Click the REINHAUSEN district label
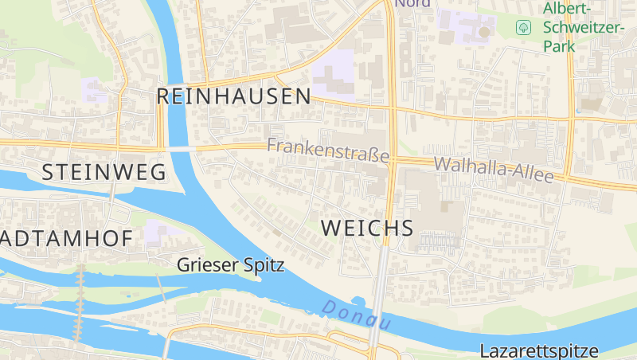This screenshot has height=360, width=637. pyautogui.click(x=233, y=96)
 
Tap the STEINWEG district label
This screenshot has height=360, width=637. pyautogui.click(x=104, y=171)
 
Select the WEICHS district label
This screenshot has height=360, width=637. pyautogui.click(x=367, y=228)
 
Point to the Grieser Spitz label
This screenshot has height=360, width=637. pyautogui.click(x=230, y=265)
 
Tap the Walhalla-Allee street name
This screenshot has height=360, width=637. pyautogui.click(x=494, y=169)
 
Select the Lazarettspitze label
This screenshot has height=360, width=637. pyautogui.click(x=539, y=350)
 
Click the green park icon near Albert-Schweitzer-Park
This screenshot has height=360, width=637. pyautogui.click(x=524, y=27)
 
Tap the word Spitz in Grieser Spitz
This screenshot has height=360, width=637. pyautogui.click(x=263, y=265)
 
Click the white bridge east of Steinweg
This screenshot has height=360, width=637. pyautogui.click(x=180, y=148)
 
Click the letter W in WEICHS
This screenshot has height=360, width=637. pyautogui.click(x=330, y=228)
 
